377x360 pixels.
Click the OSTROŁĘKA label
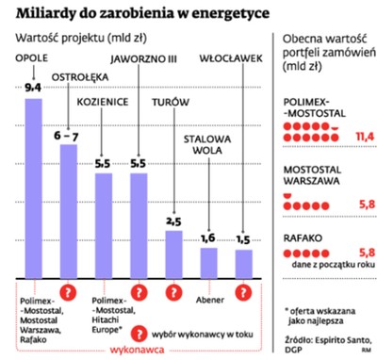tap(70, 100)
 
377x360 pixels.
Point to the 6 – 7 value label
tap(70, 137)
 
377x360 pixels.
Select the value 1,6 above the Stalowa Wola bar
tap(209, 237)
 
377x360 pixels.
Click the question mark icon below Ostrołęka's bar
tap(69, 292)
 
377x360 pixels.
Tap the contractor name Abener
tap(208, 302)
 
